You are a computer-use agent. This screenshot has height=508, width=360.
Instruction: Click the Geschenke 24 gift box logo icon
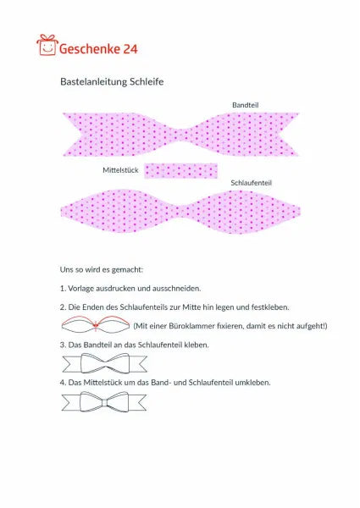coord(47,45)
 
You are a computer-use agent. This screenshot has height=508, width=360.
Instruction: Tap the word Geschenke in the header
coord(90,48)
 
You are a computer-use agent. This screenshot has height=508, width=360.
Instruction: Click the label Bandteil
coord(245,104)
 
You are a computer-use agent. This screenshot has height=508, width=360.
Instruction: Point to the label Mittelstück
coord(121,170)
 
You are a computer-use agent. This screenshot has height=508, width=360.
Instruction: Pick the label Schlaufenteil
coord(251,182)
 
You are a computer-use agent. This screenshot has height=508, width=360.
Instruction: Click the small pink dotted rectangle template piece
coord(180,170)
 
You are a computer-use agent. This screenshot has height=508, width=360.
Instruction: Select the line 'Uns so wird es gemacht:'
coord(102,268)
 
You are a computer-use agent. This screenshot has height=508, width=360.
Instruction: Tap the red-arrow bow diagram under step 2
coord(94,326)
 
